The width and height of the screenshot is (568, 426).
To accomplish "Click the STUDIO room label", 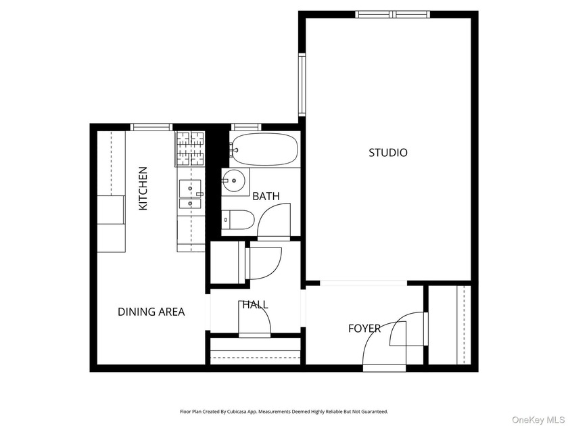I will point(387,153).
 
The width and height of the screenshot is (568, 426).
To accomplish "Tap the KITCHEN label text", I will point(143,189).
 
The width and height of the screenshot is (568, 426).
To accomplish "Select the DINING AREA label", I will point(151,312).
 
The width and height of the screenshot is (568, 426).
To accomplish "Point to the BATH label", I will point(266,196).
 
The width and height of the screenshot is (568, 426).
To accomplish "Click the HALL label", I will point(255,305).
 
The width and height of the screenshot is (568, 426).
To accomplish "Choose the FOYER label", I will point(364,329).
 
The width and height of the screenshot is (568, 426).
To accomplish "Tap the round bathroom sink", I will point(234,181).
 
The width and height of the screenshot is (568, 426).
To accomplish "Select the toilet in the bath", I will point(237,220).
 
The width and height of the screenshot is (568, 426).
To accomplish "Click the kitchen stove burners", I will point(190,149).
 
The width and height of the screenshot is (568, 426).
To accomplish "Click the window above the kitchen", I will point(151,126).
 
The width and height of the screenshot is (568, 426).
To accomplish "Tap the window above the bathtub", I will point(246,126).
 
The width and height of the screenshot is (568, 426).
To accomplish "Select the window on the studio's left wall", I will point(302,85).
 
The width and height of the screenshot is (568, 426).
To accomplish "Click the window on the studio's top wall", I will point(393,14).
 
